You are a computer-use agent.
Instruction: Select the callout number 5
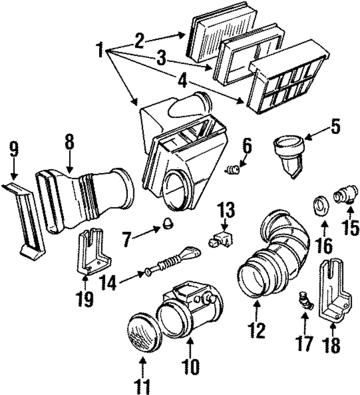point(335,126)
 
